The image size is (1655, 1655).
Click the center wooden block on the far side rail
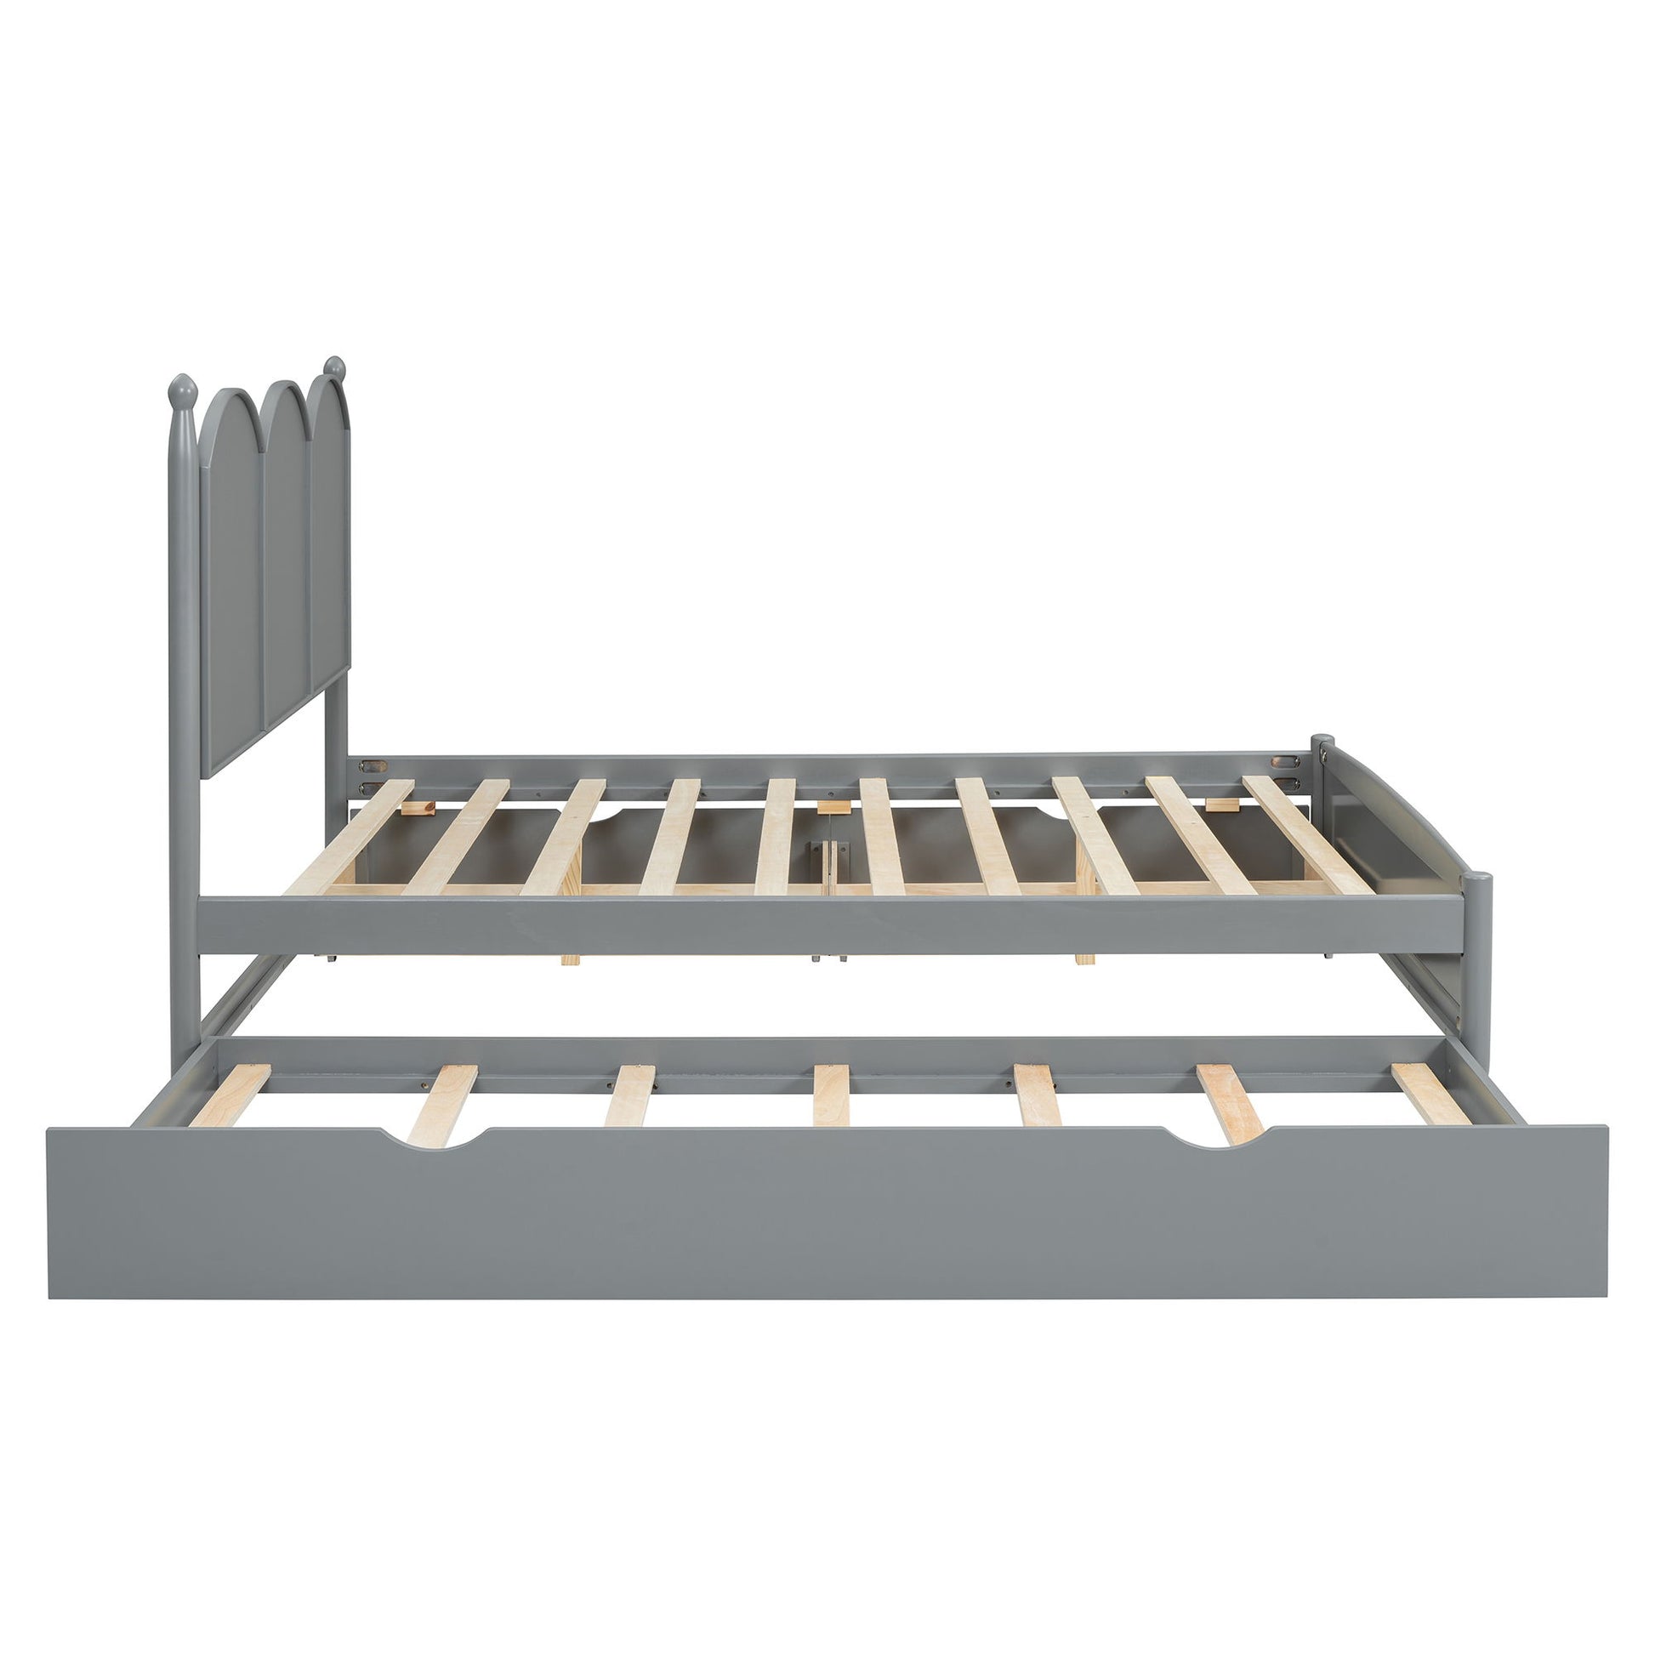(x=827, y=806)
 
